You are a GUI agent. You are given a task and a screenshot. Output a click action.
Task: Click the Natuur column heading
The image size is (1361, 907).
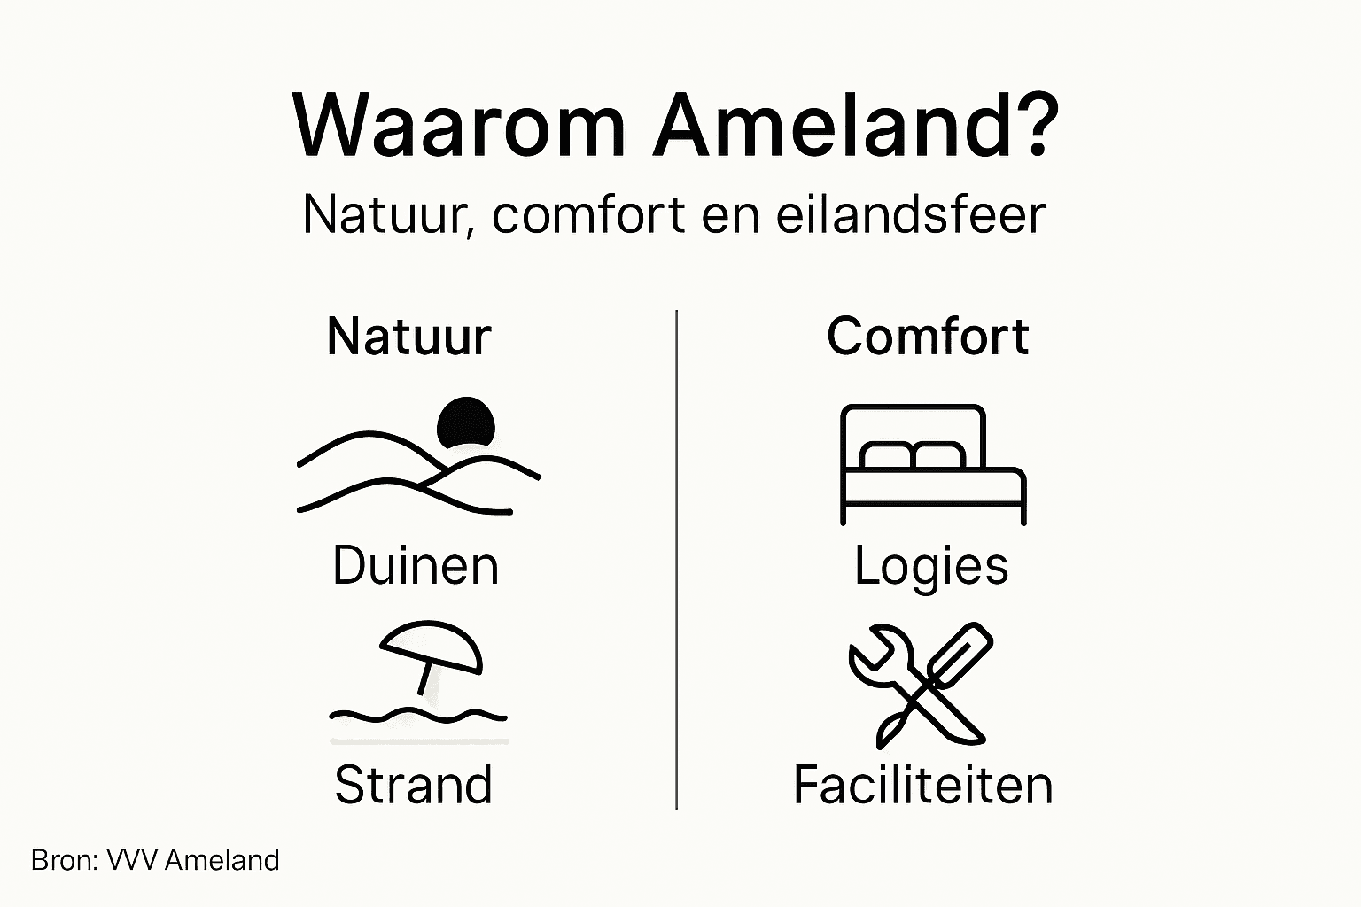pyautogui.click(x=408, y=337)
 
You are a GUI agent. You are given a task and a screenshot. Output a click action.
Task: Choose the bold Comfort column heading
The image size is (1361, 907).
pyautogui.click(x=928, y=337)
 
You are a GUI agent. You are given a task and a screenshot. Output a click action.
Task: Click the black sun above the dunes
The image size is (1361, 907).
pyautogui.click(x=465, y=422)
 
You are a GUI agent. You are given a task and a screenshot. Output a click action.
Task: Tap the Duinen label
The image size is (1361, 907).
pyautogui.click(x=416, y=566)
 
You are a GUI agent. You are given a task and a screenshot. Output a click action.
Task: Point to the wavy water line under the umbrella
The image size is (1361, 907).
pyautogui.click(x=418, y=714)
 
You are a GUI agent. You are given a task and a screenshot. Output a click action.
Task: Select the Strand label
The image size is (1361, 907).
pyautogui.click(x=414, y=785)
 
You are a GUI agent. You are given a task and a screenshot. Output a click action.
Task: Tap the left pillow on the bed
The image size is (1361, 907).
pyautogui.click(x=886, y=455)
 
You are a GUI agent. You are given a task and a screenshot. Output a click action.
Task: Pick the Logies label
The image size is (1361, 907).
pyautogui.click(x=931, y=566)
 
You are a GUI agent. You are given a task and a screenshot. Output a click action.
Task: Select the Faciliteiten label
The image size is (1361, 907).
pyautogui.click(x=923, y=785)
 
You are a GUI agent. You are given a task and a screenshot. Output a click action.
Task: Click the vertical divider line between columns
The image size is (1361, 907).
pyautogui.click(x=677, y=558)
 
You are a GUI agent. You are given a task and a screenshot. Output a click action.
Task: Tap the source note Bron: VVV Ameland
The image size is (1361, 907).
pyautogui.click(x=155, y=860)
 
